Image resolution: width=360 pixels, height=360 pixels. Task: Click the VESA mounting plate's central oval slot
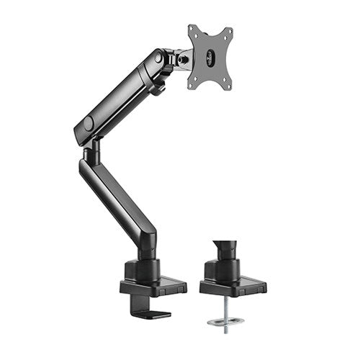click(210, 57)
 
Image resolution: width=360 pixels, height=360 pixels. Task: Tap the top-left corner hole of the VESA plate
click(192, 30)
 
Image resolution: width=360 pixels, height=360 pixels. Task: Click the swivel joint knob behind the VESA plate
click(185, 55)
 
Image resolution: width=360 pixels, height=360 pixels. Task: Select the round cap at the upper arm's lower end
click(89, 124)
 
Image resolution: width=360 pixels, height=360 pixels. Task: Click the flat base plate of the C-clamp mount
click(152, 287)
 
